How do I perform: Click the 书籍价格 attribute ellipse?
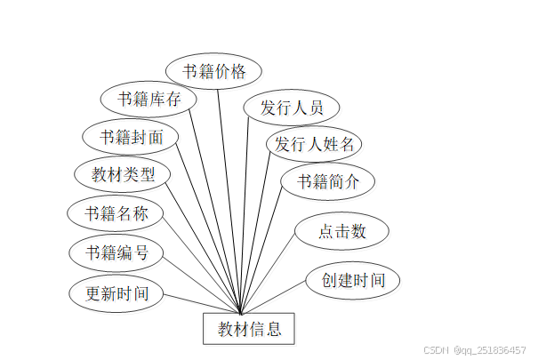[213, 71]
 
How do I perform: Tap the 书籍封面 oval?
[130, 137]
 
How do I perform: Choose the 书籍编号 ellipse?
[116, 252]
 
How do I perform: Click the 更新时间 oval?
[116, 292]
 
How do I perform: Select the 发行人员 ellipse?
[290, 108]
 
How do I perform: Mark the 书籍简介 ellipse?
[327, 181]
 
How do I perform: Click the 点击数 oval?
[341, 232]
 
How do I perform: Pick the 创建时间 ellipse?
[352, 280]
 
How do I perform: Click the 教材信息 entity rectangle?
[250, 330]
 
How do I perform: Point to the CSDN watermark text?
[435, 350]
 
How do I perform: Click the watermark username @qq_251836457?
[488, 350]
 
